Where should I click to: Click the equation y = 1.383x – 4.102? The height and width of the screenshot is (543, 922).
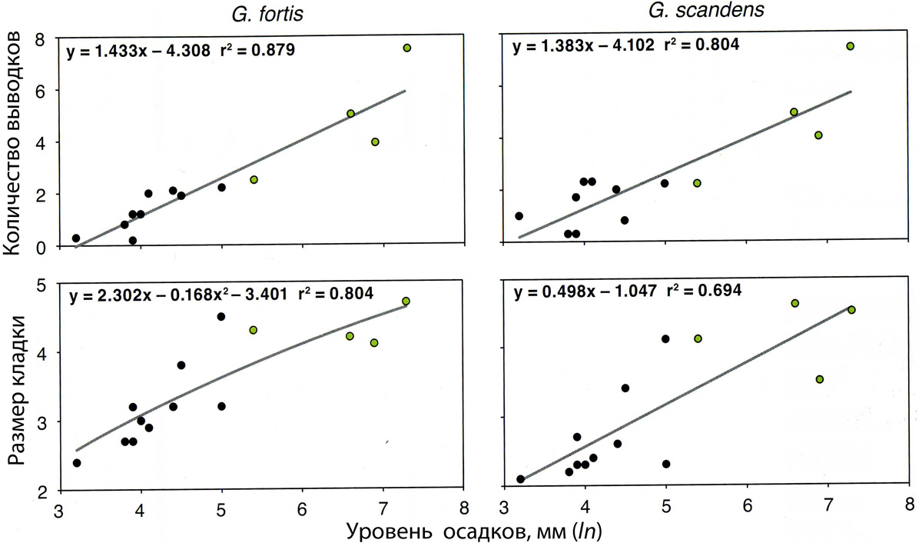[582, 45]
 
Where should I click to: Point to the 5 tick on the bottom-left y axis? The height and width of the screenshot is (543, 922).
[47, 285]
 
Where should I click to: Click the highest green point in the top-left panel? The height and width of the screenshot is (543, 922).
[406, 48]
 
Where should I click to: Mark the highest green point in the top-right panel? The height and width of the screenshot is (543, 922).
[850, 46]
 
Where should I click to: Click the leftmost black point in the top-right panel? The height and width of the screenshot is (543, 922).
[519, 216]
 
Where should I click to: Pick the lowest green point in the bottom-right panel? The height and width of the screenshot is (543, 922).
[819, 379]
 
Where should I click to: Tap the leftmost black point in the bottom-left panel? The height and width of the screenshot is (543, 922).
[76, 463]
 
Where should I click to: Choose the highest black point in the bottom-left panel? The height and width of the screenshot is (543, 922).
[221, 316]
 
